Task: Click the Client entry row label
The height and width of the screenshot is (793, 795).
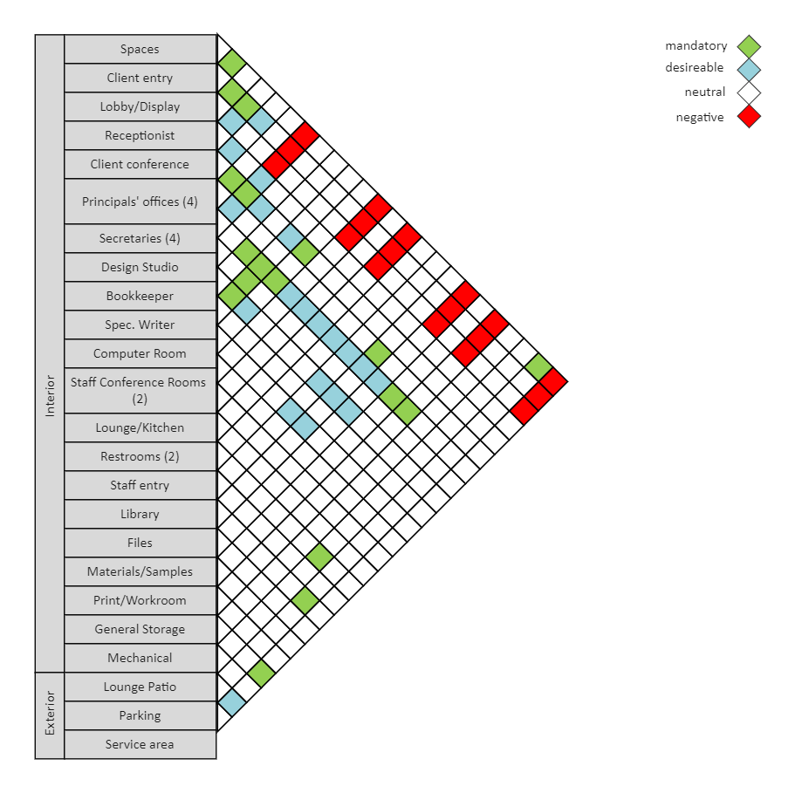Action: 140,78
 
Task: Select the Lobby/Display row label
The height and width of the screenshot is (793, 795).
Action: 140,106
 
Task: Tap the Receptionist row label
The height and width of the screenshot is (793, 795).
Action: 140,135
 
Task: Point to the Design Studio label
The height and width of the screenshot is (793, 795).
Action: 140,267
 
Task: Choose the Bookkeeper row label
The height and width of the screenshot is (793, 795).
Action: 140,296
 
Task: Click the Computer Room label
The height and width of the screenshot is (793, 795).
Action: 140,353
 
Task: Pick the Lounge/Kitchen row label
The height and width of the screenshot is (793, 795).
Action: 140,428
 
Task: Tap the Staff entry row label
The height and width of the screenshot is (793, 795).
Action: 140,485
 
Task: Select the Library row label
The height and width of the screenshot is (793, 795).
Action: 140,514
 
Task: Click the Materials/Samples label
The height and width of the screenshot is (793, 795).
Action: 140,571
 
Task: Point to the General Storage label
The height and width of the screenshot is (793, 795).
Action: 140,629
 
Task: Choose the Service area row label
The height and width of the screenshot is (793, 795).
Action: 140,744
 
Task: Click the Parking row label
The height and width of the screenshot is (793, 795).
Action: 140,715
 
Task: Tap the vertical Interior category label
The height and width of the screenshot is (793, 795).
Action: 50,393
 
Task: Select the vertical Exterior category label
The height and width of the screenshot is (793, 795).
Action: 50,713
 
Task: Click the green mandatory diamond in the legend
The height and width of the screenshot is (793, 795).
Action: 749,46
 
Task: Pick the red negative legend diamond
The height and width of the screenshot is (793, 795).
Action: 749,117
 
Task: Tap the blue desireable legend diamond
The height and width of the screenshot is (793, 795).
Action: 749,69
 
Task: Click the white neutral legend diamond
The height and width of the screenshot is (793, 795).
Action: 749,92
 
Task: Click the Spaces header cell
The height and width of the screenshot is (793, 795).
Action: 140,49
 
